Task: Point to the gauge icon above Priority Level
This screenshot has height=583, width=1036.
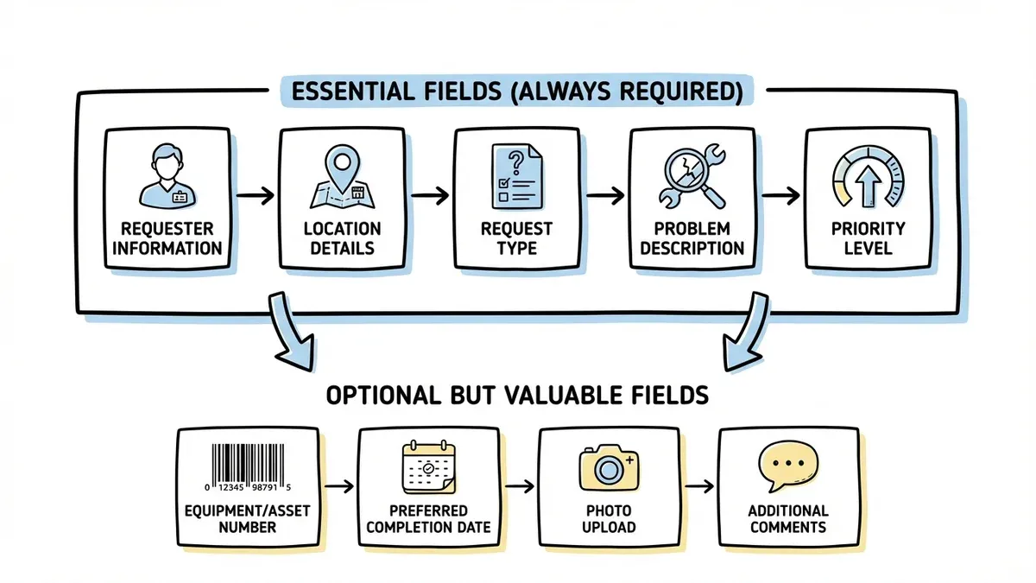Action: (x=868, y=178)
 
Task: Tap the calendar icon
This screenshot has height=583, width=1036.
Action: (x=428, y=467)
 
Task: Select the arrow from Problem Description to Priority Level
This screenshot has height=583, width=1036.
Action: (x=780, y=196)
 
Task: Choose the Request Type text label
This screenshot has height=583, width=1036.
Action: (x=517, y=238)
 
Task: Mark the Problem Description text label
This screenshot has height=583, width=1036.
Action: (x=692, y=238)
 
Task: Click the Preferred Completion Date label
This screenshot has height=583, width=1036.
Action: (x=428, y=519)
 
